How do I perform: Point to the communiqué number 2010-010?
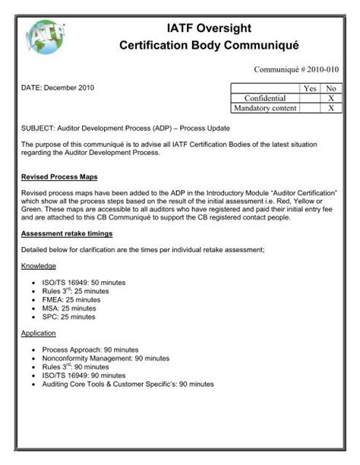[296, 69]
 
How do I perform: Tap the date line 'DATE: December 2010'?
[58, 87]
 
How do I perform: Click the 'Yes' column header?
[310, 89]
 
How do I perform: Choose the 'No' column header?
[330, 89]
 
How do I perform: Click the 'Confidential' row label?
[265, 99]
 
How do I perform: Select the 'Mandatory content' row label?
[265, 109]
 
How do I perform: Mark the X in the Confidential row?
[330, 99]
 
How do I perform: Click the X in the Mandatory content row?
[330, 109]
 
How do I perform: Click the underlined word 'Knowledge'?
[39, 267]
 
